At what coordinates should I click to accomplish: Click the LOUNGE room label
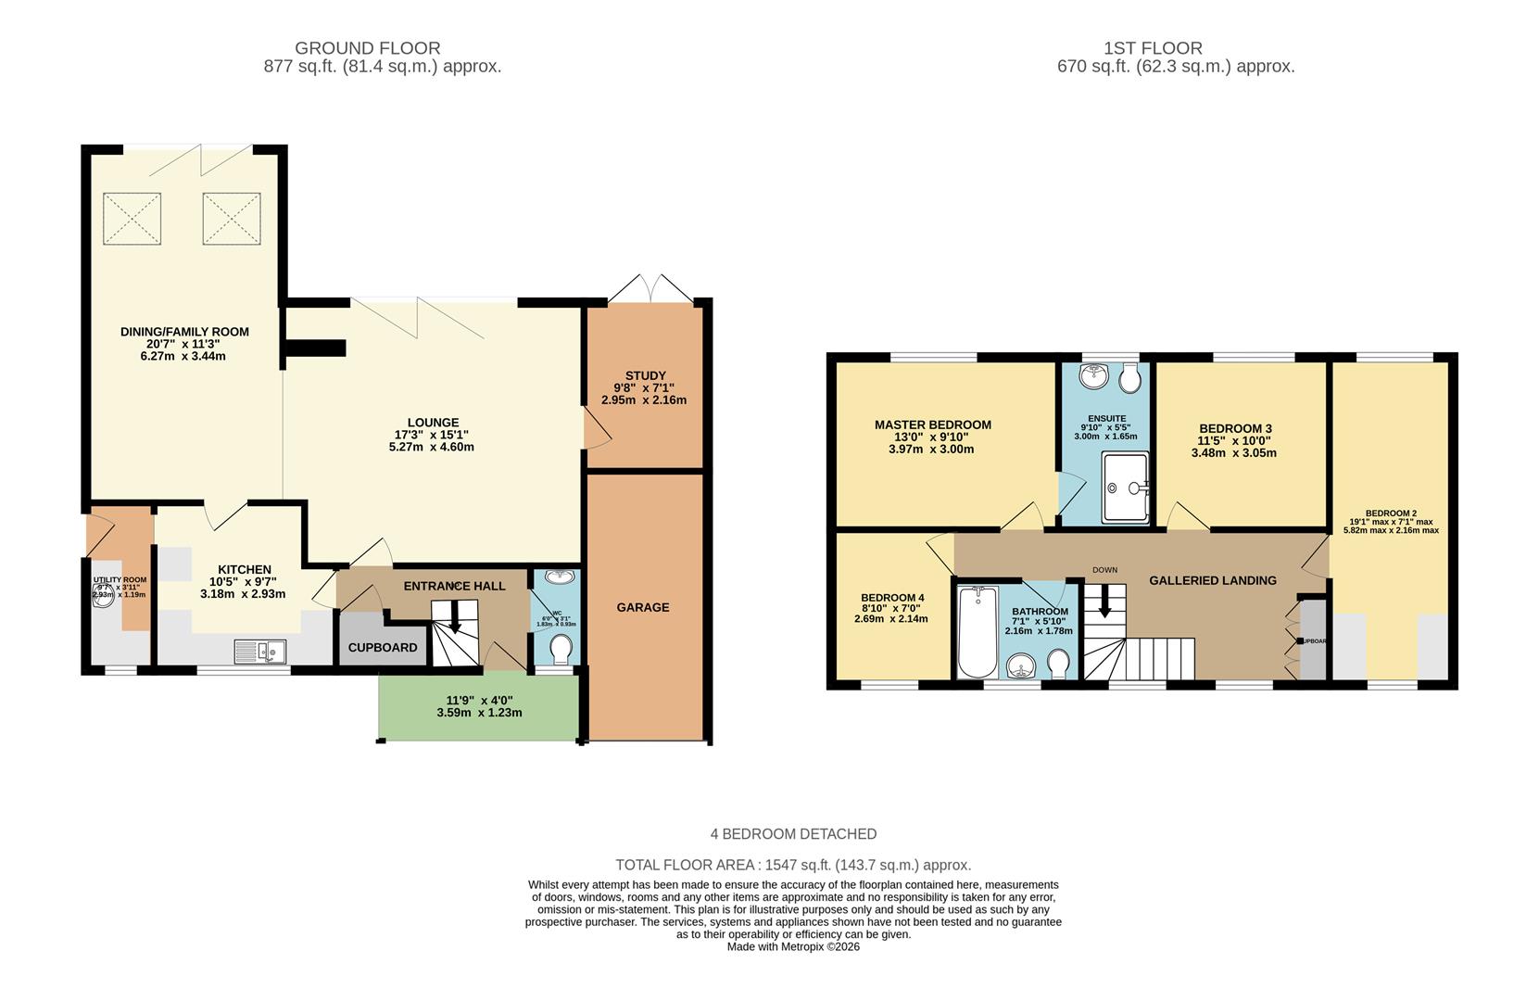pyautogui.click(x=433, y=423)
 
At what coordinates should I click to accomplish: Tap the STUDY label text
pyautogui.click(x=645, y=375)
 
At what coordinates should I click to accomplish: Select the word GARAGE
pyautogui.click(x=642, y=607)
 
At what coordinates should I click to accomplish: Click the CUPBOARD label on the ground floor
pyautogui.click(x=383, y=647)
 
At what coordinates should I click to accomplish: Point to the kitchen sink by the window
pyautogui.click(x=260, y=652)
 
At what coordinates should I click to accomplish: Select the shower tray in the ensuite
pyautogui.click(x=1125, y=486)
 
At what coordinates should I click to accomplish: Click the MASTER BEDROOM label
pyautogui.click(x=932, y=424)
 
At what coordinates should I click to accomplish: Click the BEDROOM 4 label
pyautogui.click(x=891, y=597)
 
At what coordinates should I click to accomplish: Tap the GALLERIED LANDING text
pyautogui.click(x=1212, y=580)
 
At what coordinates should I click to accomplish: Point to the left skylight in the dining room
pyautogui.click(x=132, y=219)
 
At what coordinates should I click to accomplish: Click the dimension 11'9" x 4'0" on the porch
pyautogui.click(x=479, y=701)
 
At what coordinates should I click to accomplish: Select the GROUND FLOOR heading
pyautogui.click(x=367, y=48)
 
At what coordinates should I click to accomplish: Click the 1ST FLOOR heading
pyautogui.click(x=1152, y=48)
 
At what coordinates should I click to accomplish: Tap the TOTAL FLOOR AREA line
pyautogui.click(x=793, y=865)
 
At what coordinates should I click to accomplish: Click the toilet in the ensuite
pyautogui.click(x=1129, y=377)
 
